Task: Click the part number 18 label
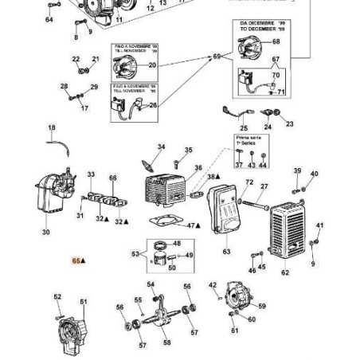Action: (x=53, y=127)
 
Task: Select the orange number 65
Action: (x=76, y=260)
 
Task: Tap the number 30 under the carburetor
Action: (x=45, y=233)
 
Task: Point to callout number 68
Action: (x=276, y=42)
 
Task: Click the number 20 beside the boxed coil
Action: (x=152, y=65)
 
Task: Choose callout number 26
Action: (x=153, y=104)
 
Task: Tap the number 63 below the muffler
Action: (x=226, y=252)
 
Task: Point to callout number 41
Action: (x=319, y=226)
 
